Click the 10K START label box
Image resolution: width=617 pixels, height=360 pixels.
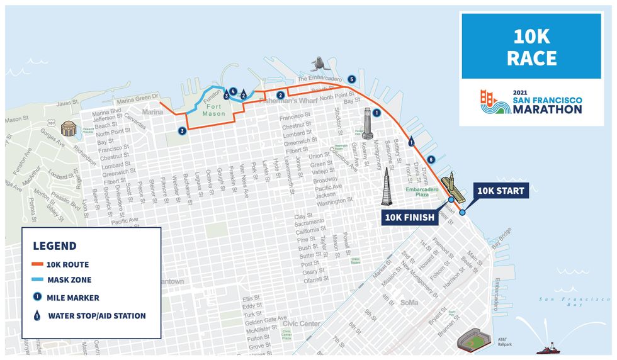[501, 191]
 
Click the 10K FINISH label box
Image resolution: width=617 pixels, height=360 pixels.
[410, 218]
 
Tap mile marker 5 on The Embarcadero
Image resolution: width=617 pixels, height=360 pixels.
[351, 79]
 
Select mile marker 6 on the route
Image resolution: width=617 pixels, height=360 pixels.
[431, 159]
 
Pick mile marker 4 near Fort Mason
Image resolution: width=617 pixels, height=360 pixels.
[234, 91]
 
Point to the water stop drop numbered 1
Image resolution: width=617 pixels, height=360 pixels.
[412, 142]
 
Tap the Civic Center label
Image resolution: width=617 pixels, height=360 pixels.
[301, 324]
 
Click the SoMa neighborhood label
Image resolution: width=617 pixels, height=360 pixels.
[409, 303]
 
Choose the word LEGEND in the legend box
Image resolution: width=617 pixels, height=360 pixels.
[55, 245]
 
